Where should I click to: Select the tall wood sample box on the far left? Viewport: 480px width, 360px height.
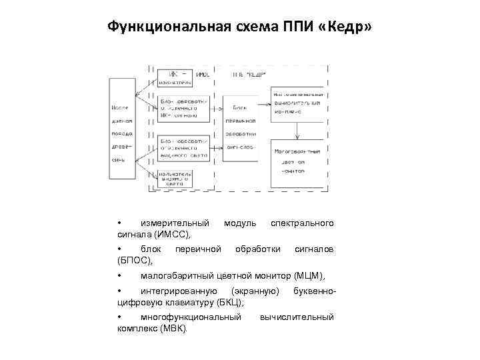[122, 129]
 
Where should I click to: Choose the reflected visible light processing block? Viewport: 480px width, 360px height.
[183, 147]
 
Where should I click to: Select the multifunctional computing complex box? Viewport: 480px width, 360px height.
[297, 103]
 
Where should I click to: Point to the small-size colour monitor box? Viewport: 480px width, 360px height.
[297, 162]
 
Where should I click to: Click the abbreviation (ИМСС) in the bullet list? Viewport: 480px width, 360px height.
[173, 234]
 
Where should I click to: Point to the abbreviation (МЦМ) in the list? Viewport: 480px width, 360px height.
[309, 275]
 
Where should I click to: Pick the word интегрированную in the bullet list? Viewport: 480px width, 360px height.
[179, 291]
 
